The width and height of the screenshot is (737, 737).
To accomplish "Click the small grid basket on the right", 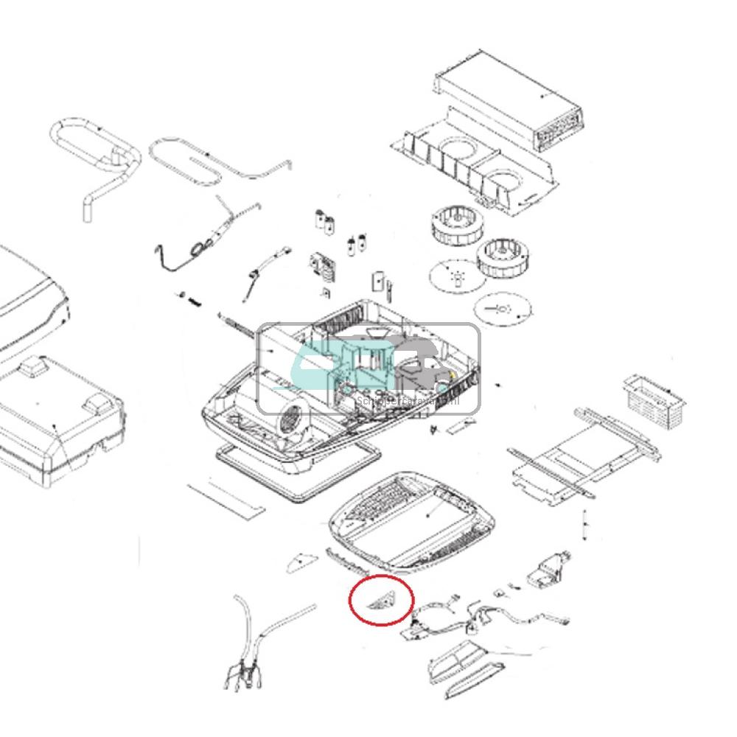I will click(654, 402).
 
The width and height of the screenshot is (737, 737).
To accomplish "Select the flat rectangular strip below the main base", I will click(226, 499).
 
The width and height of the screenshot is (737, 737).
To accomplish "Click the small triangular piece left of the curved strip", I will click(300, 563).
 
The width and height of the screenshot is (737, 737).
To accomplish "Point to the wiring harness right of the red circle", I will click(472, 615).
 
